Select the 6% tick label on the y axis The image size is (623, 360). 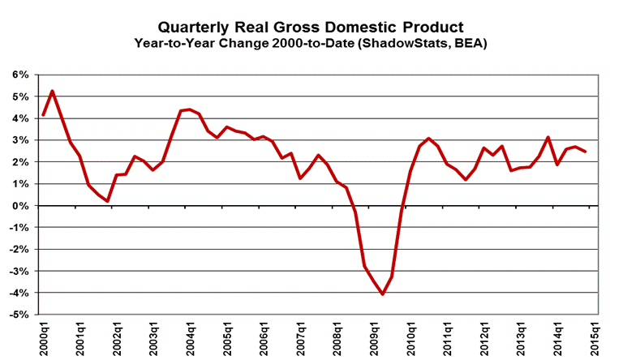click(x=20, y=75)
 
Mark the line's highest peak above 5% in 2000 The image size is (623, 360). click(x=53, y=91)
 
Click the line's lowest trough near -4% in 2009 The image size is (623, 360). click(x=383, y=294)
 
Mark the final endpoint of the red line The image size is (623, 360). click(x=586, y=152)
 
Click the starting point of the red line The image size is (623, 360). click(x=43, y=115)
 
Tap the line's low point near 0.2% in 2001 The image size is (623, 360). click(x=107, y=200)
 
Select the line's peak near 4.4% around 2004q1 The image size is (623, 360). click(x=189, y=109)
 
